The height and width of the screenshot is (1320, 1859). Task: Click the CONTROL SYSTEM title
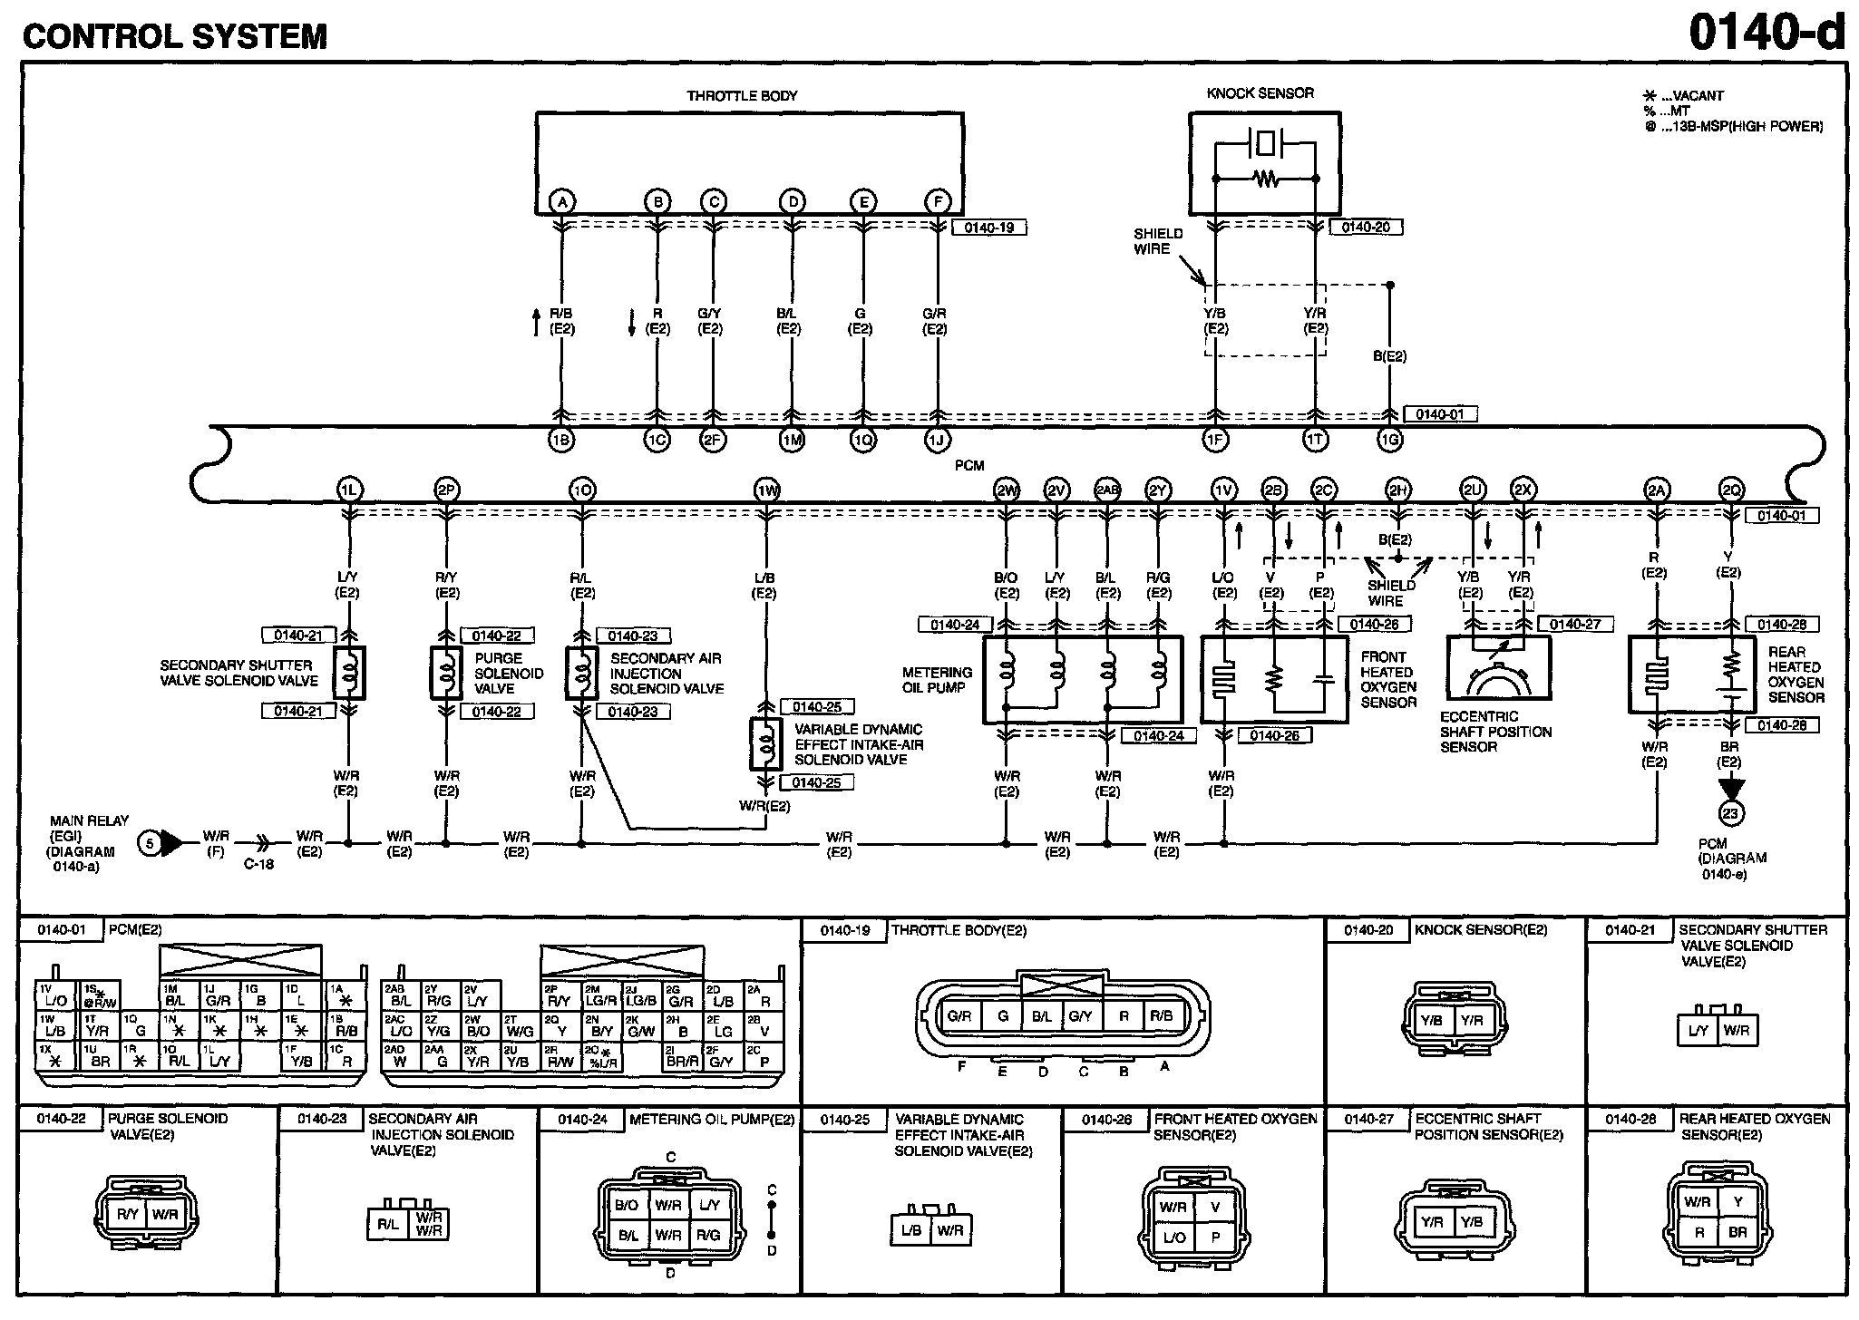pos(175,36)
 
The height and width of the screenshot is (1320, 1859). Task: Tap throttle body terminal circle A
pos(562,201)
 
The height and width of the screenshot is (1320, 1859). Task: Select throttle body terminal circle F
pos(938,201)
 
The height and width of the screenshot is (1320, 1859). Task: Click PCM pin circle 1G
pos(1389,440)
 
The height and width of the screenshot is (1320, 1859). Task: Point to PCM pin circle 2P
pos(446,490)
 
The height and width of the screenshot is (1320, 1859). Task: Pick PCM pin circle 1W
pos(767,490)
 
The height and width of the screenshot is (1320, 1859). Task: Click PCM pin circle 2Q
pos(1731,490)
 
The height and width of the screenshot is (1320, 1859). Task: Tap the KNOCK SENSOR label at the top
pos(1260,93)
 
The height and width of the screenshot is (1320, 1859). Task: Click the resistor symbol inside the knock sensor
pos(1265,180)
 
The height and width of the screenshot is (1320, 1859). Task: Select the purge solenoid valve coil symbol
pos(445,673)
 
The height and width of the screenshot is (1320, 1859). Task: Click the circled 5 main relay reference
pos(149,844)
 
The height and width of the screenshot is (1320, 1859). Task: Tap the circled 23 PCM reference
pos(1730,813)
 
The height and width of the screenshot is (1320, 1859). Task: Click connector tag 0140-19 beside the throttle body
pos(988,228)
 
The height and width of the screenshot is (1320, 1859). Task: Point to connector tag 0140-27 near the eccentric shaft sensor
pos(1575,625)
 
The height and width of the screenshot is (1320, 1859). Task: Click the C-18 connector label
pos(258,864)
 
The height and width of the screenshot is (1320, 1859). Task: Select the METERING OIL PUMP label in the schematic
pos(937,680)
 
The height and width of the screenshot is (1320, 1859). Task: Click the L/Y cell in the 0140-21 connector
pos(1698,1031)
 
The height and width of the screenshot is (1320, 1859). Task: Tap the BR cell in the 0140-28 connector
pos(1737,1232)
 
